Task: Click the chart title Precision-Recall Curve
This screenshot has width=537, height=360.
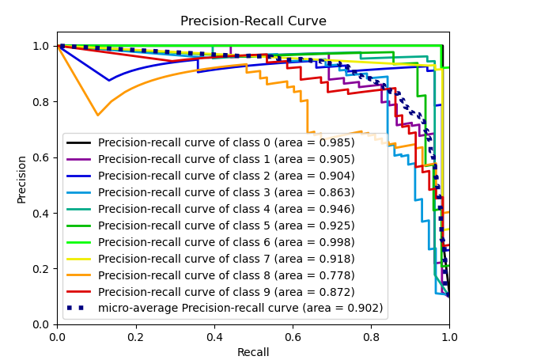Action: click(253, 21)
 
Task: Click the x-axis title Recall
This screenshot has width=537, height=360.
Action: click(253, 352)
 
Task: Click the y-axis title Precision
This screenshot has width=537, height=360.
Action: click(22, 179)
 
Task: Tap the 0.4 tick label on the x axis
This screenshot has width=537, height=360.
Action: click(214, 336)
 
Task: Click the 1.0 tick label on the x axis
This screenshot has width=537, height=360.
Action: click(448, 336)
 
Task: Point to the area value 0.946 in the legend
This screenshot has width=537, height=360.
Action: click(337, 209)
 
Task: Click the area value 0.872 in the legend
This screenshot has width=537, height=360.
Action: click(337, 292)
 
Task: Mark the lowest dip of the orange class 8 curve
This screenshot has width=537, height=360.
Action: click(98, 116)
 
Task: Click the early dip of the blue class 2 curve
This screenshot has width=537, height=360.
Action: click(109, 80)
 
